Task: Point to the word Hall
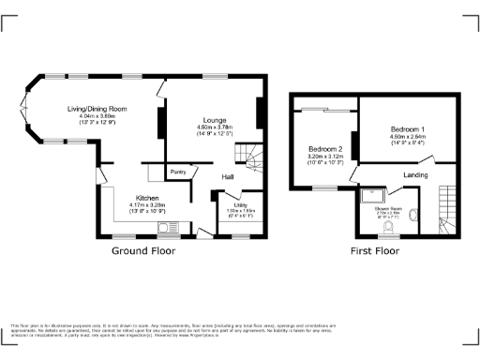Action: [x=227, y=177]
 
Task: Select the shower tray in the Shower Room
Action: [x=372, y=198]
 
